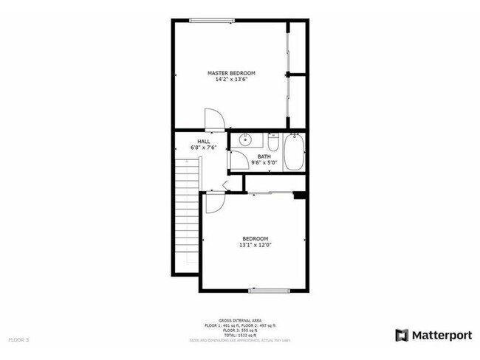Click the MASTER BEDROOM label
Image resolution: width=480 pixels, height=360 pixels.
[x=231, y=73]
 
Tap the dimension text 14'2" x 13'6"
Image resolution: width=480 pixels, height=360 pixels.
[x=231, y=80]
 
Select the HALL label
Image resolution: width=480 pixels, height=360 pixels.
[x=203, y=141]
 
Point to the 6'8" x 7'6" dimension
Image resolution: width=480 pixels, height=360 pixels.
[x=203, y=148]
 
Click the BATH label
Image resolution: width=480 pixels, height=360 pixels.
[x=264, y=156]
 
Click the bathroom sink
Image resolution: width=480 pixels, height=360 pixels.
[x=247, y=141]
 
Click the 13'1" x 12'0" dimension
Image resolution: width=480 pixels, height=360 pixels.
[x=255, y=245]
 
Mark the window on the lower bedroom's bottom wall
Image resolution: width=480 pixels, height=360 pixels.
[x=263, y=291]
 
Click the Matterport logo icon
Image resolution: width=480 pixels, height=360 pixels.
[x=402, y=335]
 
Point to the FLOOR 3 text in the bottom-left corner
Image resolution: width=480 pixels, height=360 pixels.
[x=18, y=340]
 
